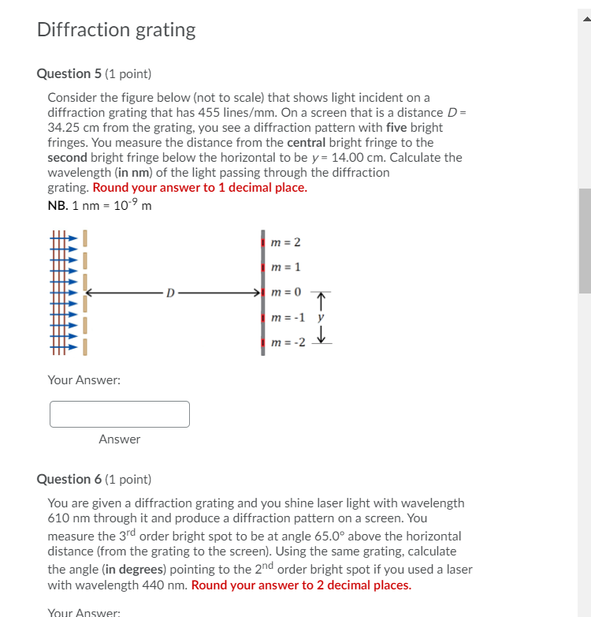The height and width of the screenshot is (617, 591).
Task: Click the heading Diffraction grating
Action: [x=116, y=30]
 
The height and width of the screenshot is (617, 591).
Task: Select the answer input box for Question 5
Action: [x=120, y=414]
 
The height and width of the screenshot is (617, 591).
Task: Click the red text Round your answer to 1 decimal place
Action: [x=200, y=187]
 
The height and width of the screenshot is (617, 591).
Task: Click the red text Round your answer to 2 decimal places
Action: [x=301, y=585]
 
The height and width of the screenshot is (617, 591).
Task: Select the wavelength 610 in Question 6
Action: [x=60, y=518]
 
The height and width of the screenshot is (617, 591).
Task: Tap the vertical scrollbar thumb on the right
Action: [x=584, y=241]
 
